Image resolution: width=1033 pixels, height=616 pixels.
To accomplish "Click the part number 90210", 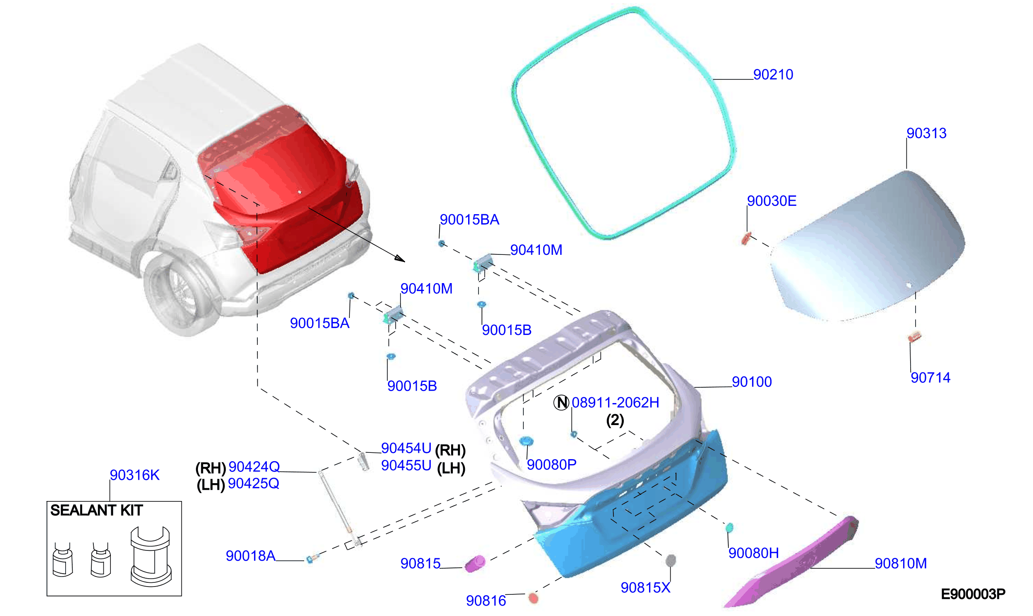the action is (773, 75).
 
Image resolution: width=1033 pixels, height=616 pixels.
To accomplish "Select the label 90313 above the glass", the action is (926, 133).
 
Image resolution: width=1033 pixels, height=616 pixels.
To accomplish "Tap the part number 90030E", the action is (772, 201).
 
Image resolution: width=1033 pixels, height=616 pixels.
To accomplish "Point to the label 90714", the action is (930, 378).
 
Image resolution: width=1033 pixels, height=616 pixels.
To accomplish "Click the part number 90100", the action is (752, 382).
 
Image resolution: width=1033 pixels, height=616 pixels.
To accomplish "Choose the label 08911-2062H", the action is (615, 403).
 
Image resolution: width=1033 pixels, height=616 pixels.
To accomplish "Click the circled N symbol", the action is (561, 402).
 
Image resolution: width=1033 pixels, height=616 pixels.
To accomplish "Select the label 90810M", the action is (901, 564).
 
